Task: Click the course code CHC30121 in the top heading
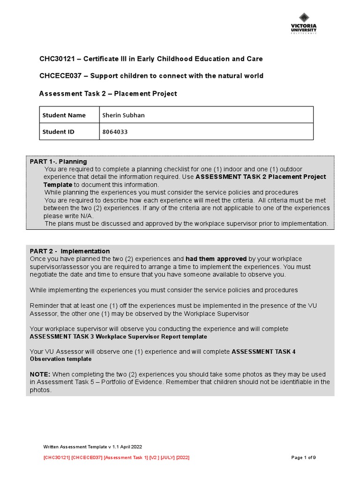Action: pyautogui.click(x=55, y=59)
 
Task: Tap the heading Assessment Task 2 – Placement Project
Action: pyautogui.click(x=108, y=93)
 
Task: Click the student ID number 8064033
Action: pyautogui.click(x=115, y=132)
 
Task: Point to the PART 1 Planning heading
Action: pyautogui.click(x=58, y=161)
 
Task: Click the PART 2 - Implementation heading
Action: pyautogui.click(x=70, y=251)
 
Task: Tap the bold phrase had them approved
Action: pyautogui.click(x=216, y=259)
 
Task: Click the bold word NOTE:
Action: pyautogui.click(x=40, y=374)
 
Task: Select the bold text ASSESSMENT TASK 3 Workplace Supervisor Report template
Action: pyautogui.click(x=118, y=337)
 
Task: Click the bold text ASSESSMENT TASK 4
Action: pyautogui.click(x=263, y=352)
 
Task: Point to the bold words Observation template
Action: pyautogui.click(x=60, y=359)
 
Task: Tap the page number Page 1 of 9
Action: pyautogui.click(x=303, y=457)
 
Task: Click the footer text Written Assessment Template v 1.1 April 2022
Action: pyautogui.click(x=92, y=447)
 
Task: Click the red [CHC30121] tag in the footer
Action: pyautogui.click(x=56, y=457)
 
